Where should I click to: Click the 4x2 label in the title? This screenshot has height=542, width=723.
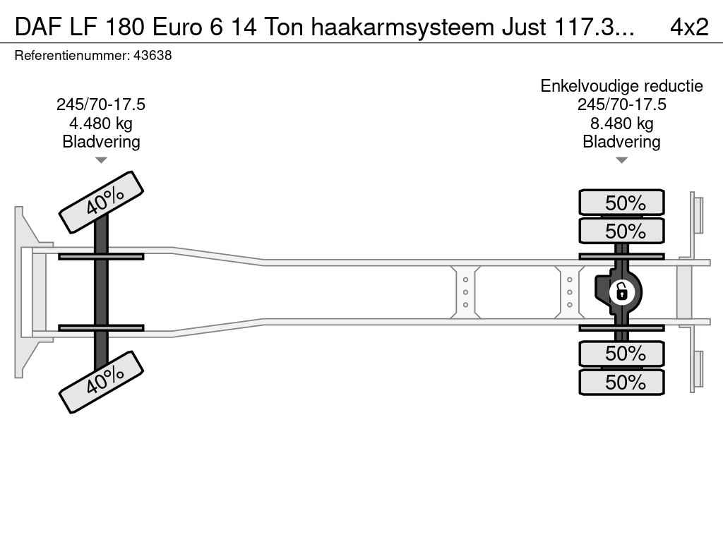click(688, 27)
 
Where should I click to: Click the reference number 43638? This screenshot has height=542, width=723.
click(153, 56)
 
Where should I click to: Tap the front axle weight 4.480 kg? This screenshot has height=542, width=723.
click(101, 124)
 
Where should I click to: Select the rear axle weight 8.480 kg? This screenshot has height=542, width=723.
click(621, 124)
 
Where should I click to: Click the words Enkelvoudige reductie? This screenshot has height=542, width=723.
click(621, 86)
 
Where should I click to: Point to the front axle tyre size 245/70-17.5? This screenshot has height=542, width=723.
click(101, 104)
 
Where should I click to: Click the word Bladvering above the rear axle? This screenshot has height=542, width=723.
click(621, 142)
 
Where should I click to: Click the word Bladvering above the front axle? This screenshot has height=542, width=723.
click(101, 142)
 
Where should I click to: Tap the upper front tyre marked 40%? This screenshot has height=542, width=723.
click(101, 202)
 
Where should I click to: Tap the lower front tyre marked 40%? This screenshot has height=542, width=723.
click(101, 382)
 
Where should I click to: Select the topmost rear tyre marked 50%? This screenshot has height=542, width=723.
click(621, 203)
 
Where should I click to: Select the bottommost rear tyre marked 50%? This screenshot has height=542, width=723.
click(621, 383)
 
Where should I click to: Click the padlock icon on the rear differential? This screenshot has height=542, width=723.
click(621, 291)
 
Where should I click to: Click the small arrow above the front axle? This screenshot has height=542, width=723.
click(101, 160)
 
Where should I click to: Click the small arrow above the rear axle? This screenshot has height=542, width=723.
click(621, 160)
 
